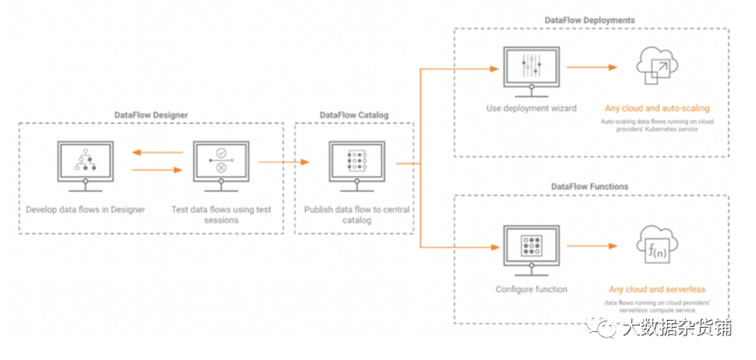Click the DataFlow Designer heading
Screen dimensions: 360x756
151,114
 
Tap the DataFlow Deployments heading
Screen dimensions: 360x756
591,19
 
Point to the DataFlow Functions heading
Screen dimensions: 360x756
591,186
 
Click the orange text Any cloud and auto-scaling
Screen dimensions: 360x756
656,108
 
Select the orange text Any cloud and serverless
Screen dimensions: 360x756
656,288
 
